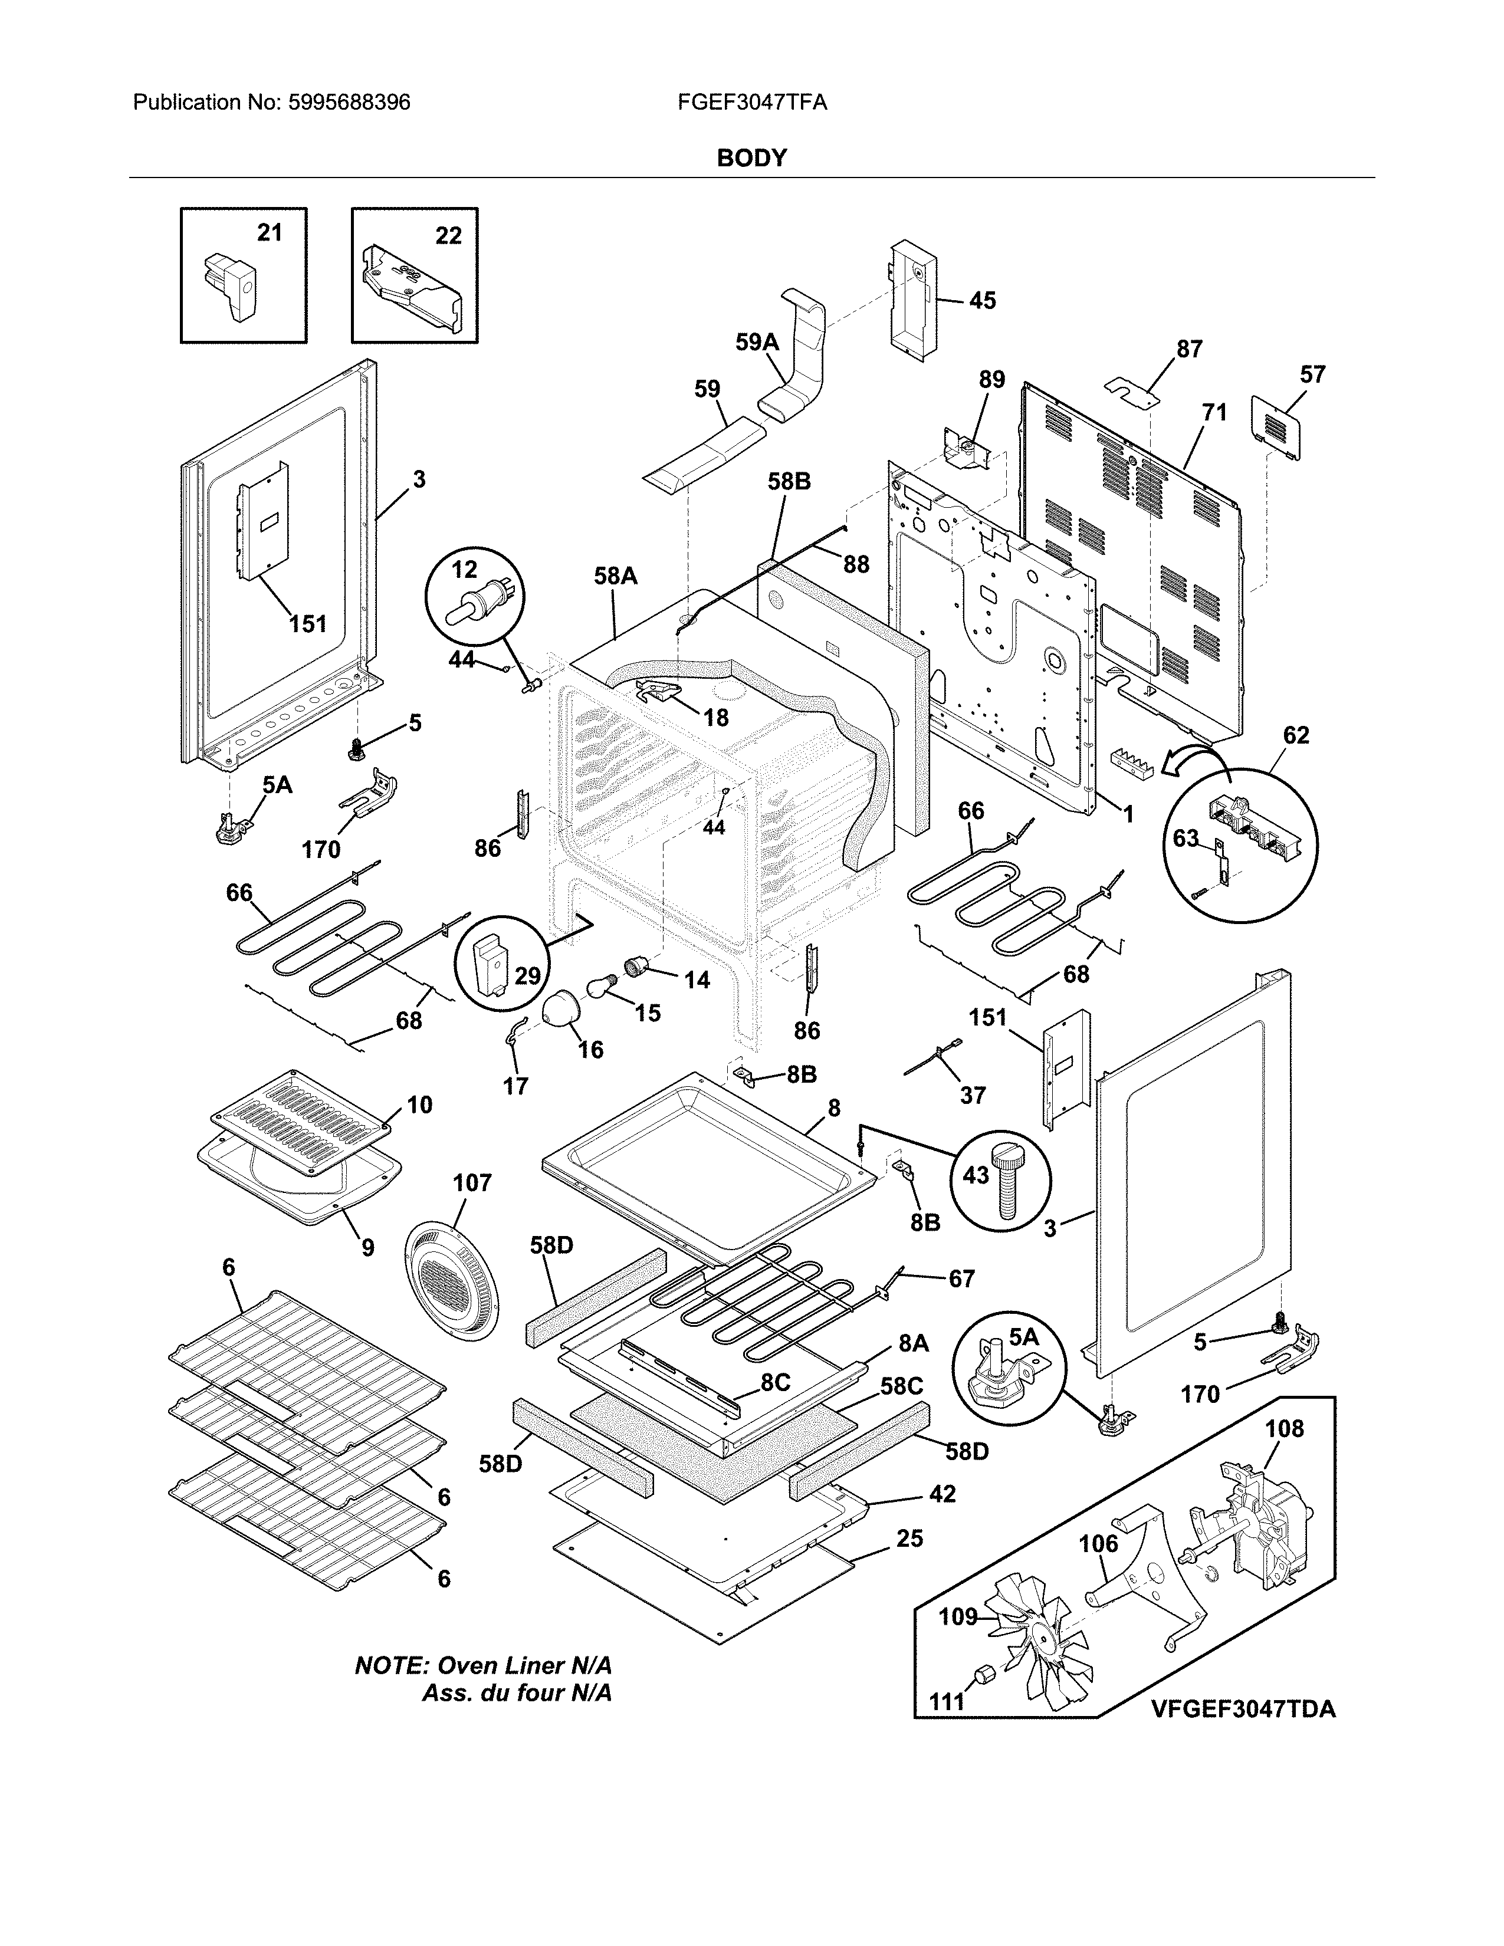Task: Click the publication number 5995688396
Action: (349, 103)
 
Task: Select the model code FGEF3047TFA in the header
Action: (752, 103)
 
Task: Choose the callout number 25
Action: (909, 1539)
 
